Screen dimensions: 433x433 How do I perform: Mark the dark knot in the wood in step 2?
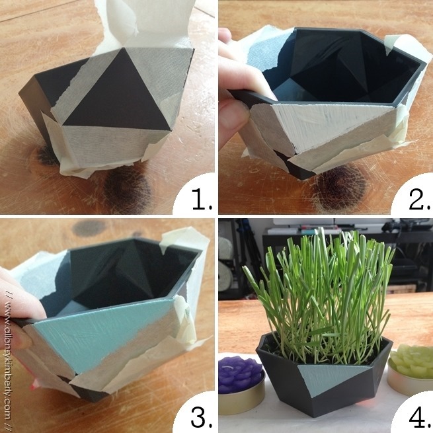pyautogui.click(x=340, y=188)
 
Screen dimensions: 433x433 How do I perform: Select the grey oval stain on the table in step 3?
pyautogui.click(x=89, y=228)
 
